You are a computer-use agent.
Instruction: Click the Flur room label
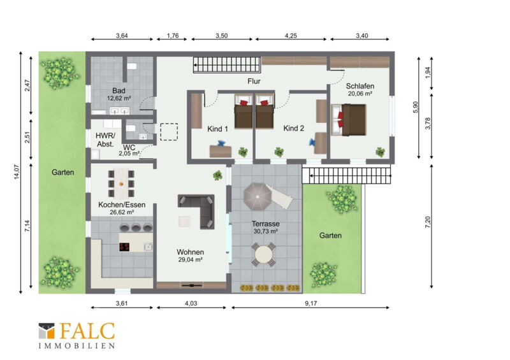coord(254,81)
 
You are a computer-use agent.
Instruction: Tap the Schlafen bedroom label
coord(360,86)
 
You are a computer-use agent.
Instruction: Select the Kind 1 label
coord(217,129)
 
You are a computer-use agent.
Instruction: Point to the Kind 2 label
coord(294,128)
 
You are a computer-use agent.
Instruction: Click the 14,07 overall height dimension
coord(17,173)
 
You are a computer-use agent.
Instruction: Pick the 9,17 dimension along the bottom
coord(311,303)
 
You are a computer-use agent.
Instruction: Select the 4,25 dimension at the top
coord(291,36)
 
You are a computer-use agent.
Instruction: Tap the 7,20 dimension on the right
coord(427,222)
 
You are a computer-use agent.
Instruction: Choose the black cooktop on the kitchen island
coord(124,247)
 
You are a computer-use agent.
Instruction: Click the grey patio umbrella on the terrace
coord(258,197)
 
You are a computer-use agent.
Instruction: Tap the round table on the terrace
coord(263,254)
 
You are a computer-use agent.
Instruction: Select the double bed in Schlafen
coord(349,120)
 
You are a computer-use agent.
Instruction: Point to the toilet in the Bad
coord(132,66)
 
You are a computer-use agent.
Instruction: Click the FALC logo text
coord(87,331)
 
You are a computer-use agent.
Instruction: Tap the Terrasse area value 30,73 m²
coord(265,231)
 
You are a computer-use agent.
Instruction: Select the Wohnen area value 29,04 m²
coord(191,259)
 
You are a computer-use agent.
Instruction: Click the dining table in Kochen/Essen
coord(121,184)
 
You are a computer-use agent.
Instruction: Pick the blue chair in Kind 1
coord(222,143)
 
